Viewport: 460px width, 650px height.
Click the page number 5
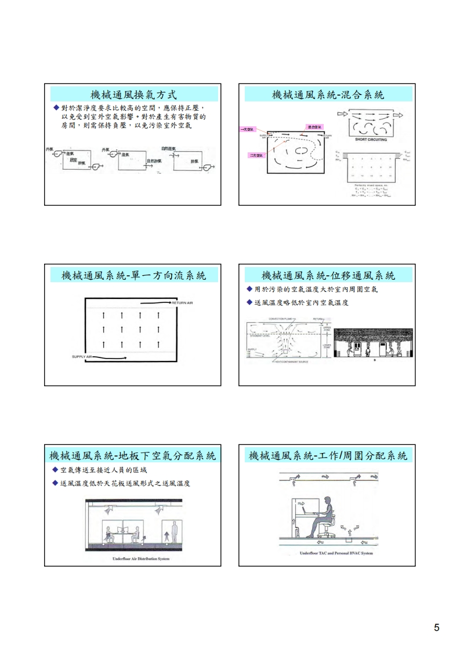pyautogui.click(x=436, y=627)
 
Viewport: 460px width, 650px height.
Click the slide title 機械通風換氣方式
pyautogui.click(x=133, y=94)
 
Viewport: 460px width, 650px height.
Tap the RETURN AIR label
pyautogui.click(x=182, y=303)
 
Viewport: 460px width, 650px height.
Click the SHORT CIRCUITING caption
pyautogui.click(x=371, y=140)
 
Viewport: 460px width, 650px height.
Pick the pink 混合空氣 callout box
pyautogui.click(x=316, y=126)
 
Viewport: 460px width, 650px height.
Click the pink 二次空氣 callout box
pyautogui.click(x=255, y=155)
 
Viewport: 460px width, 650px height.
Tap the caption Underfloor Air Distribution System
pyautogui.click(x=133, y=559)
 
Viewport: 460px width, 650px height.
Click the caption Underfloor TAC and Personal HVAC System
pyautogui.click(x=336, y=553)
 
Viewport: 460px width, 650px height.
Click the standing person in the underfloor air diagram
pyautogui.click(x=172, y=534)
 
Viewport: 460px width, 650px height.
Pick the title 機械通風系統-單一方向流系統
pyautogui.click(x=133, y=275)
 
